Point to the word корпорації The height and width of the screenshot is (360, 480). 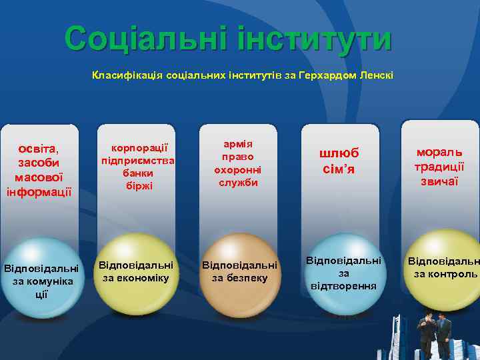[138, 148]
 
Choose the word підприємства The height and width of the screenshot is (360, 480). [138, 161]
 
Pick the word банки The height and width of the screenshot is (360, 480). [138, 173]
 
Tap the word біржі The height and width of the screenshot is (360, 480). [138, 186]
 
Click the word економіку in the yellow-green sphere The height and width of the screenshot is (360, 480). [138, 278]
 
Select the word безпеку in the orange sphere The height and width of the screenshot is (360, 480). [240, 278]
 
